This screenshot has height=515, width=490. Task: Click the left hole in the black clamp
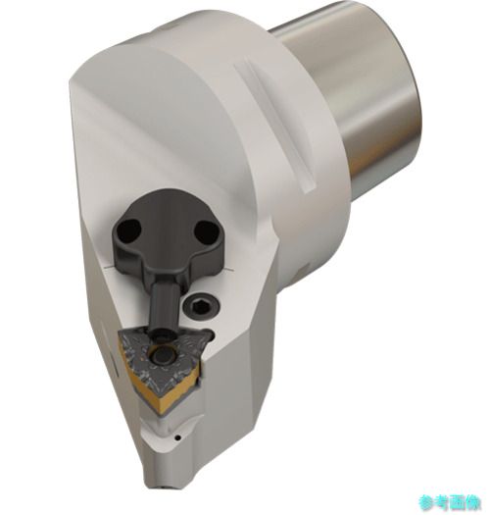(129, 228)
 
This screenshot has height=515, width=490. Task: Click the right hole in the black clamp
(206, 231)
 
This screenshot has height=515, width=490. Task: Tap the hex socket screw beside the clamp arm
(201, 306)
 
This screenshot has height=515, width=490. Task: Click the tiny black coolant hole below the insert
(177, 438)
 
